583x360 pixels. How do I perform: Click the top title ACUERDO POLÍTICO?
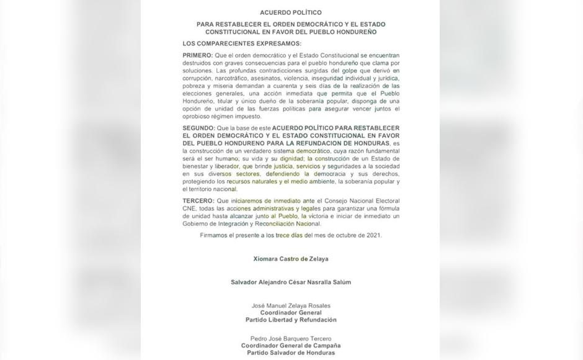point(291,12)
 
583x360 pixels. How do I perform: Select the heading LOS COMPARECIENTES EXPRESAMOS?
point(242,43)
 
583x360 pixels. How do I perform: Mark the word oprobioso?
point(198,116)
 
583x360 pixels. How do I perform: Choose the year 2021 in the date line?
point(374,235)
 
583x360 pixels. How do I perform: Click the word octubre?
point(345,235)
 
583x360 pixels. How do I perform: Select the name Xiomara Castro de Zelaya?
point(291,258)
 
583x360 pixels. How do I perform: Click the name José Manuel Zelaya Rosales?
point(291,305)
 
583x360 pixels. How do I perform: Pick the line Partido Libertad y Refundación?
point(291,320)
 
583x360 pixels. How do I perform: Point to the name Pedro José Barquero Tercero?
point(291,338)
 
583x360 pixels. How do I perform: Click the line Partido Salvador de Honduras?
point(291,353)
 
